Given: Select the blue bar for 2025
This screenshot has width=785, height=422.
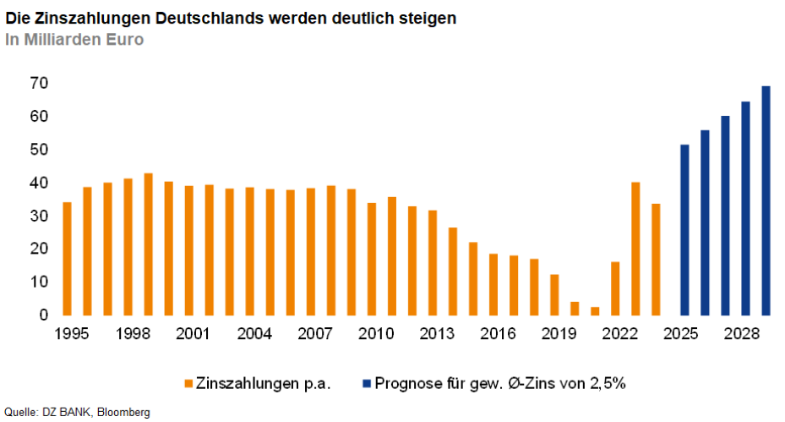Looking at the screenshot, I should tap(684, 229).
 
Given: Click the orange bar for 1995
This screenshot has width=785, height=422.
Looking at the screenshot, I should tap(67, 258).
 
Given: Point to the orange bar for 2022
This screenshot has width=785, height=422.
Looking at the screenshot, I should tap(615, 288).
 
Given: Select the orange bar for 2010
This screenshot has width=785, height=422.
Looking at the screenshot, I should tap(371, 258).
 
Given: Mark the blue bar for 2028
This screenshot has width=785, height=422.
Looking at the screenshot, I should tap(745, 207).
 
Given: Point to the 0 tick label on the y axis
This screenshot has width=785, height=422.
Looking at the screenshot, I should tap(42, 315).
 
